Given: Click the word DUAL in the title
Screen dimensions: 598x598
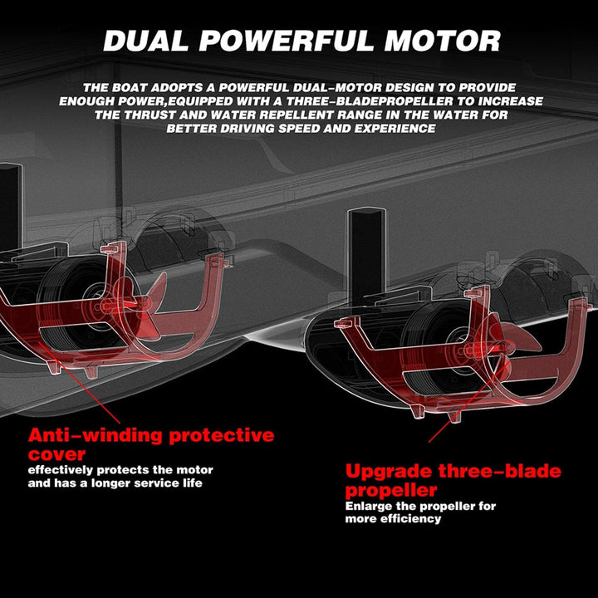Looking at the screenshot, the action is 145,41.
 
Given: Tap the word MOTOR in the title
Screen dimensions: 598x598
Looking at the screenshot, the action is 443,41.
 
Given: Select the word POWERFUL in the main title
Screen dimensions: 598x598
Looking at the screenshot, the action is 286,41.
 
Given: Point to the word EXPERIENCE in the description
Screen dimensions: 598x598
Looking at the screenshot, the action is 395,129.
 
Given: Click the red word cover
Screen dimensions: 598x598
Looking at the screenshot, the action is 56,454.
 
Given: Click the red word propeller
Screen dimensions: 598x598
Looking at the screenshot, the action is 391,490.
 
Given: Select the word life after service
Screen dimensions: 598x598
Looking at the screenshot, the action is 193,483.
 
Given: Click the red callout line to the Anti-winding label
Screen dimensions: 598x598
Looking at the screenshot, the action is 80,383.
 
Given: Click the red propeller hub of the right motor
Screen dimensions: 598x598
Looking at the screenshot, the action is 472,347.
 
